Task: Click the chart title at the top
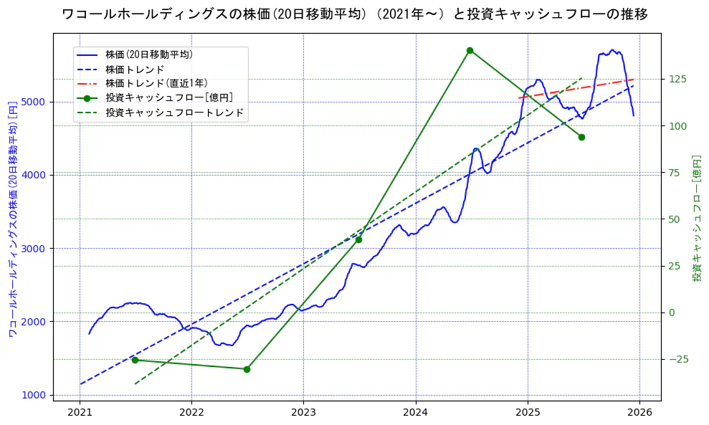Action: (x=355, y=14)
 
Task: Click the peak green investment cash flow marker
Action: (x=470, y=50)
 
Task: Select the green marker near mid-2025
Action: (x=581, y=137)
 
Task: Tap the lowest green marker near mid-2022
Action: (x=247, y=369)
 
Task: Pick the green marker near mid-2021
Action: (x=135, y=360)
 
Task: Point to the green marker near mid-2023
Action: (x=358, y=239)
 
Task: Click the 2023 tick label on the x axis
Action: (x=303, y=414)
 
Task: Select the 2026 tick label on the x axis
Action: (x=639, y=414)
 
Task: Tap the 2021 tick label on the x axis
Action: (x=80, y=414)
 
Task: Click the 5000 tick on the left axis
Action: (x=35, y=102)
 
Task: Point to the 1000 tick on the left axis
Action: (x=35, y=395)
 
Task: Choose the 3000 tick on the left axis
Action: (x=35, y=249)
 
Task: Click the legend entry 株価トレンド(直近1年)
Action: (x=156, y=83)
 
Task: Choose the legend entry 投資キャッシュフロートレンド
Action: (x=174, y=113)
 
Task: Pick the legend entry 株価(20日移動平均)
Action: (x=148, y=54)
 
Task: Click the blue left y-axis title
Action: (x=12, y=219)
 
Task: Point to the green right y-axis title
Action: (x=696, y=218)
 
